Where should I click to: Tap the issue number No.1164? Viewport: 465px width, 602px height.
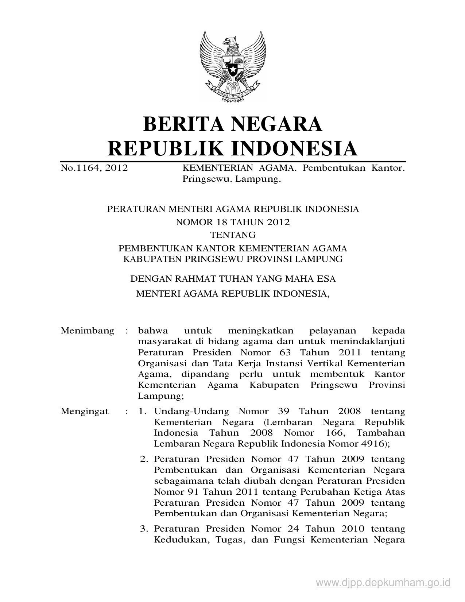(x=78, y=168)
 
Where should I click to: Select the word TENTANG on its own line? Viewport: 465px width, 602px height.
(x=233, y=235)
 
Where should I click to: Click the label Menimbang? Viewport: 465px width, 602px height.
(x=88, y=331)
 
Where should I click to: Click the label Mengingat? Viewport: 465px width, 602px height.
(x=85, y=412)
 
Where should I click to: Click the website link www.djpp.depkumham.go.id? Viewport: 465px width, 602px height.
(x=383, y=583)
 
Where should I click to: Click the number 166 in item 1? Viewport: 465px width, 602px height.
(x=333, y=433)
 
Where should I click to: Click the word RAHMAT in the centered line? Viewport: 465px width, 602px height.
(x=185, y=279)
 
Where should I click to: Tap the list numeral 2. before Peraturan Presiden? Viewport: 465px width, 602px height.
(x=144, y=459)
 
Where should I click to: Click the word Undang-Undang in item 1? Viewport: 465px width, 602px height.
(x=191, y=412)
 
